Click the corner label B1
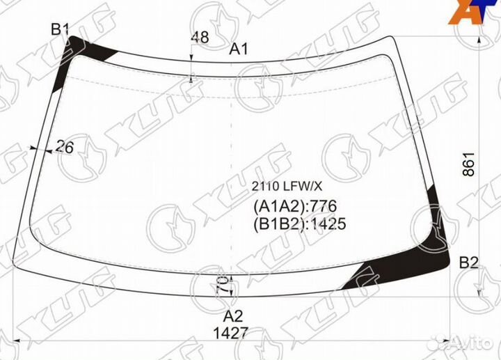[60, 30]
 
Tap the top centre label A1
[239, 49]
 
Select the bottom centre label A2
[233, 316]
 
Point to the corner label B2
[469, 263]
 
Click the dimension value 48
[200, 37]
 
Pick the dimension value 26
[65, 147]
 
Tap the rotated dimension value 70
[223, 285]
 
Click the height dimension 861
[469, 164]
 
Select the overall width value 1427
[231, 334]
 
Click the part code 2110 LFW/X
[287, 186]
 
